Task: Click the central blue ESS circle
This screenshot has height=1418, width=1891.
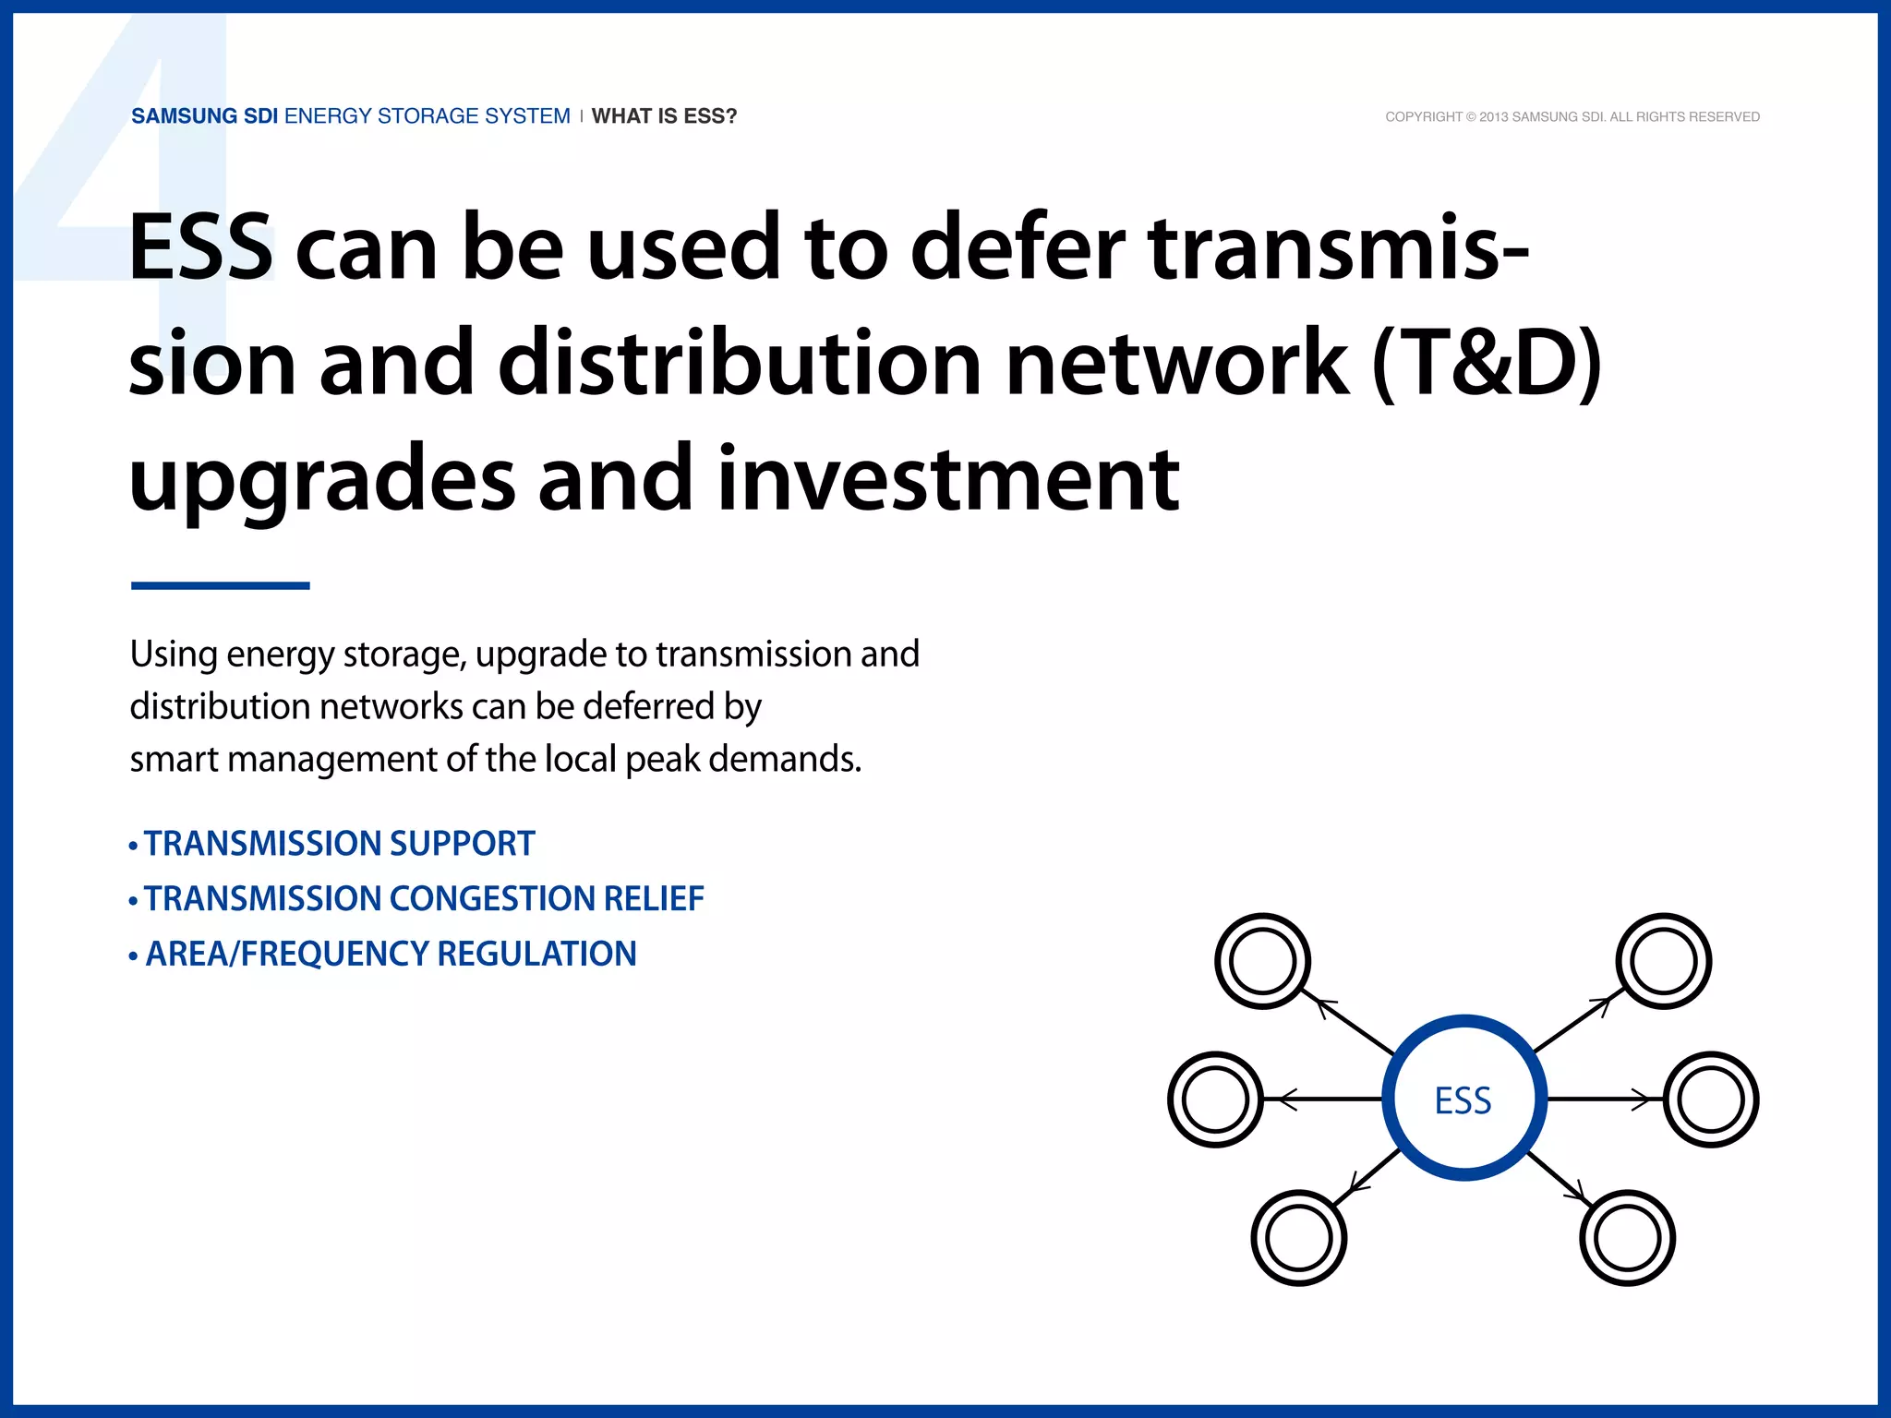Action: [1463, 1099]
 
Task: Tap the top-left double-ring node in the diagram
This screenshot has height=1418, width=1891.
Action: [1262, 961]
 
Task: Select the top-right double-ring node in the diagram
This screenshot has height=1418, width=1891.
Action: [1663, 961]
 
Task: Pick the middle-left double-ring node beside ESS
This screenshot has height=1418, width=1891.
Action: [1215, 1100]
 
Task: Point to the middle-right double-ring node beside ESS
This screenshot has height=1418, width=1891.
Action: [1711, 1100]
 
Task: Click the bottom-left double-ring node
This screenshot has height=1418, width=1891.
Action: [1298, 1238]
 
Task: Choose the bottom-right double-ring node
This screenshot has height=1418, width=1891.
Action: [1627, 1238]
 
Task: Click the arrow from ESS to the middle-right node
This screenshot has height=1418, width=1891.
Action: [1605, 1099]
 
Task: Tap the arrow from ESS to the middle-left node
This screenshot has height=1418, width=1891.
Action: [1322, 1099]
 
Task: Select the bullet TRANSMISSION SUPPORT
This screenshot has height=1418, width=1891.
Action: [339, 844]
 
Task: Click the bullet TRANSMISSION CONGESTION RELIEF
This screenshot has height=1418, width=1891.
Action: [423, 898]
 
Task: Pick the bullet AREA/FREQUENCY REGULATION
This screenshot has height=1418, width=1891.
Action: [391, 954]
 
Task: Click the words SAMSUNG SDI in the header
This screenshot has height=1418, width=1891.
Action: [204, 116]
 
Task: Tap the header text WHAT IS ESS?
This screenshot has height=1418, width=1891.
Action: [664, 116]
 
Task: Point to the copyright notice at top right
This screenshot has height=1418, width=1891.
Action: [1572, 117]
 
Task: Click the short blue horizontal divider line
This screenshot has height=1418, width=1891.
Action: [220, 585]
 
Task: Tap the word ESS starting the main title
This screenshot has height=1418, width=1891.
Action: [200, 247]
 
